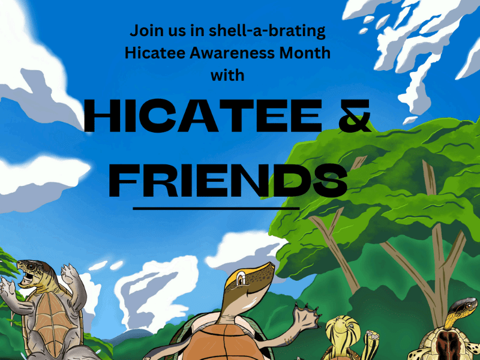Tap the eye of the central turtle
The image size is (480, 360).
click(240, 280)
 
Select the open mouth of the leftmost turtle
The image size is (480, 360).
click(26, 277)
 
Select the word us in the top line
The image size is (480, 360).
click(172, 30)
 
